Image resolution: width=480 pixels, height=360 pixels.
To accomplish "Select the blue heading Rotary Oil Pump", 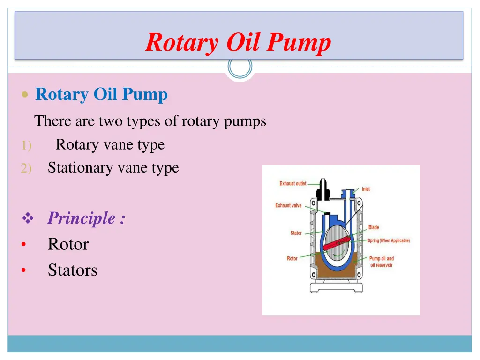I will (x=101, y=94).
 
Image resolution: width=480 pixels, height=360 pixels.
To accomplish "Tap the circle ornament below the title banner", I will (x=240, y=67).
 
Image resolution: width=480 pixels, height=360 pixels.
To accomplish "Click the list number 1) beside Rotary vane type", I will (x=25, y=146).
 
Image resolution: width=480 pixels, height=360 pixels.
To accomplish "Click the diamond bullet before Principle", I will (x=28, y=218).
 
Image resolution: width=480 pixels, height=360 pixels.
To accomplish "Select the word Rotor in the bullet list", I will (x=68, y=244).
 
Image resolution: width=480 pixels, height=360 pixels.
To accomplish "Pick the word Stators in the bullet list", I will (x=73, y=270).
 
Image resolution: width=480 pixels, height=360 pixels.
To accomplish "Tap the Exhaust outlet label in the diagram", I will (x=292, y=183).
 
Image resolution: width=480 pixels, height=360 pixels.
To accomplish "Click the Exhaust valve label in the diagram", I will (x=288, y=205).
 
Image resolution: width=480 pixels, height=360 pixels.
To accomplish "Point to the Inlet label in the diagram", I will (x=366, y=189).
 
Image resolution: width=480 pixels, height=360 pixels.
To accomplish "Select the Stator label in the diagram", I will (x=296, y=233).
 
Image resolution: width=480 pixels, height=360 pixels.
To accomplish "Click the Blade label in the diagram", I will (x=374, y=227).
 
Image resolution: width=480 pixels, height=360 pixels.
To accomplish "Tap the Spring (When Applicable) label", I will (x=388, y=240).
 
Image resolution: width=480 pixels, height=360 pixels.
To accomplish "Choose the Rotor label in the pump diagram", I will (x=292, y=258).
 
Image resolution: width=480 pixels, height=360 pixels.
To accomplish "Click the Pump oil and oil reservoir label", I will (x=381, y=262).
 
